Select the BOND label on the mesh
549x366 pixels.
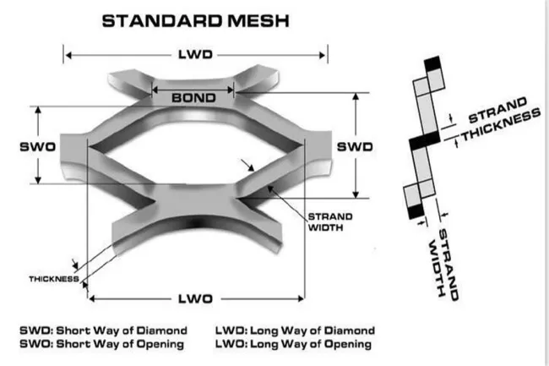tap(193, 97)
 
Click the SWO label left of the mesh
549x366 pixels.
tap(37, 146)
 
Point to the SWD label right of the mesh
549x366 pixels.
tap(355, 146)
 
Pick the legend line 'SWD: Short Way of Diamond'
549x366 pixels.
tap(103, 330)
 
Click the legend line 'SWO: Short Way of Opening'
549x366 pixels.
tap(103, 344)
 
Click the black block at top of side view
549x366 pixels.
tap(434, 64)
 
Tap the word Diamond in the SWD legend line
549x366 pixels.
tap(163, 330)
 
